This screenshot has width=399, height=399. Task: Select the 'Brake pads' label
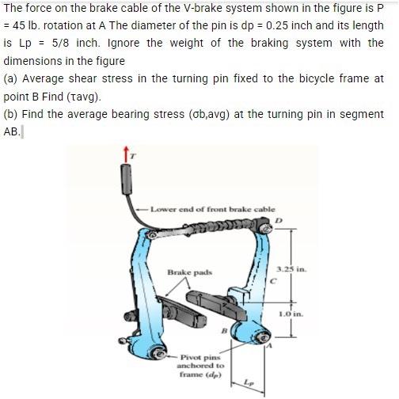tap(188, 272)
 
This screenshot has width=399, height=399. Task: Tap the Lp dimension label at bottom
tap(253, 381)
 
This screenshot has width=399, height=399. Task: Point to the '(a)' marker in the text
tap(11, 78)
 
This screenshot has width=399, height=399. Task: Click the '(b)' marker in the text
tap(11, 114)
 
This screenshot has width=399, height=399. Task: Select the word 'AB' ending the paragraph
tap(12, 131)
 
